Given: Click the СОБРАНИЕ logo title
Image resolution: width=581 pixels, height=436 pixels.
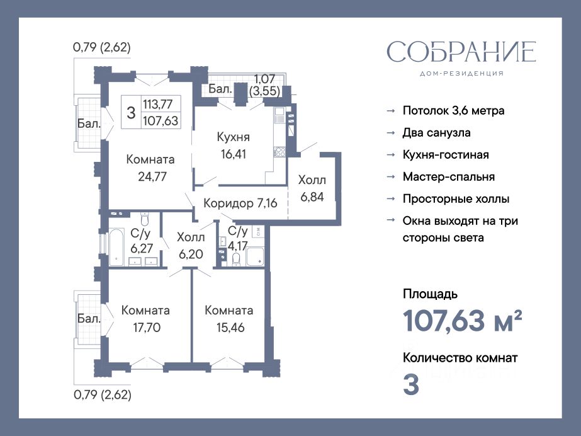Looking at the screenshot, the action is [x=461, y=52].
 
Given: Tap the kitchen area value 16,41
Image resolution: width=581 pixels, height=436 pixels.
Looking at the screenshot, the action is [x=234, y=154].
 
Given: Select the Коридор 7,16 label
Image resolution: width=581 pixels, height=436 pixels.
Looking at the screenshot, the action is [x=240, y=203].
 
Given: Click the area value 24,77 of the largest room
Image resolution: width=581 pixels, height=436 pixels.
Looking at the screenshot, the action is [x=152, y=176].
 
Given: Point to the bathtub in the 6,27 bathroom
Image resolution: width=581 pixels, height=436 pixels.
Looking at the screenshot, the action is [x=116, y=247].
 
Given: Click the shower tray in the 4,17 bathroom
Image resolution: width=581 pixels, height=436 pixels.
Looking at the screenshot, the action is [x=255, y=257].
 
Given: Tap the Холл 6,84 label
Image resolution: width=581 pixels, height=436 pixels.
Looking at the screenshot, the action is [x=312, y=188].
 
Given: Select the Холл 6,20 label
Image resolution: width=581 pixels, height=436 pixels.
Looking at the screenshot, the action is [x=191, y=246].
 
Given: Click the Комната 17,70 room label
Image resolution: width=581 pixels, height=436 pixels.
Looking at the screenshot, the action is [x=145, y=319].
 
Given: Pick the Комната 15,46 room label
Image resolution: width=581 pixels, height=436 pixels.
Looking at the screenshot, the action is [x=229, y=319].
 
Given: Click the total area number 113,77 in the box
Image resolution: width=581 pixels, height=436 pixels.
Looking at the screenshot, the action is [x=158, y=104].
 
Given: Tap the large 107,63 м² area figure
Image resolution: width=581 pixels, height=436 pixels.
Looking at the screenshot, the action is [x=463, y=321].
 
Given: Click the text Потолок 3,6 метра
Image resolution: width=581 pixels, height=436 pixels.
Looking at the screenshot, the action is [x=454, y=111].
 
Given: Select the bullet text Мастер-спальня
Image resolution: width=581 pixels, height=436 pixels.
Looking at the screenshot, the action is [x=449, y=177].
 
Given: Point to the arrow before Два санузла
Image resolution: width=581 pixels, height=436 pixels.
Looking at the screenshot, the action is [x=390, y=133].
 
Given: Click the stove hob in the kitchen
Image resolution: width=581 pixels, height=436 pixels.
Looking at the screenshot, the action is [x=279, y=152].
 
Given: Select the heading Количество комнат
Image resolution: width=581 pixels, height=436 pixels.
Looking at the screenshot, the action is [x=460, y=358].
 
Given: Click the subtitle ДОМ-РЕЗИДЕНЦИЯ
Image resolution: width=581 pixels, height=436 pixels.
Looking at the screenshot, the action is [x=461, y=74].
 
